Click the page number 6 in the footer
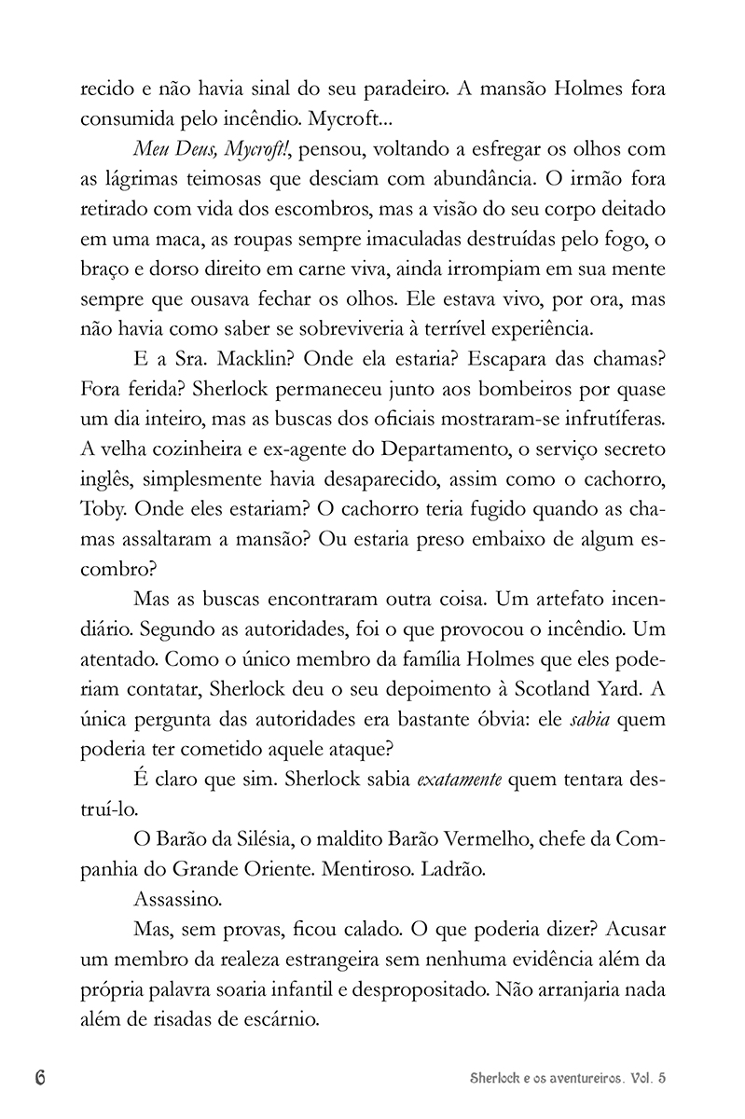tap(41, 1078)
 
